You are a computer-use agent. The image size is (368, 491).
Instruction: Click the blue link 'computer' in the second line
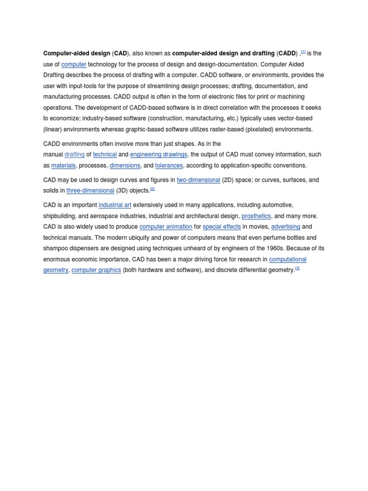pos(74,64)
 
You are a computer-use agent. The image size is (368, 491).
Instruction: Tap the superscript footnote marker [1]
pos(303,51)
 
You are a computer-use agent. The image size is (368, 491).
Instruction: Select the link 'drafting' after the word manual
pos(74,154)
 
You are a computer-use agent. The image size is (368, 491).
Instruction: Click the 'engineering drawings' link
pos(159,154)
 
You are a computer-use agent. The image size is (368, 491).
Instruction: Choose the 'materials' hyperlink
pos(63,165)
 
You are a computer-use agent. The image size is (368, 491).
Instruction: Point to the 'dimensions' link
pos(125,165)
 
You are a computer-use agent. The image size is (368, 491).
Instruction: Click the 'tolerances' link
pos(169,165)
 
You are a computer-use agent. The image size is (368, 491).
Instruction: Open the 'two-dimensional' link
pos(198,180)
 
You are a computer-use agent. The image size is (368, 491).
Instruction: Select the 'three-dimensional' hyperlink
pos(90,190)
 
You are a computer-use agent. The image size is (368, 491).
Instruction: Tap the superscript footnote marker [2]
pos(152,189)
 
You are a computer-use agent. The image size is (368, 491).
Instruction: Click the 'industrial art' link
pos(115,205)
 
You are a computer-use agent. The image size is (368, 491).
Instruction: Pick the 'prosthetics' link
pos(256,216)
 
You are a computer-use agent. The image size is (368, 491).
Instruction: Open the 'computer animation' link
pos(166,227)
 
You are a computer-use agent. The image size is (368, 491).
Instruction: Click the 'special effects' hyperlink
pos(221,227)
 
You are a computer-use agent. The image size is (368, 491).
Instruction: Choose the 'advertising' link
pos(286,227)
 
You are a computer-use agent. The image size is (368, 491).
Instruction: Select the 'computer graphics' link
pos(96,270)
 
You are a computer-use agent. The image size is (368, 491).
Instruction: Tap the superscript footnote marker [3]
pos(297,269)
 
